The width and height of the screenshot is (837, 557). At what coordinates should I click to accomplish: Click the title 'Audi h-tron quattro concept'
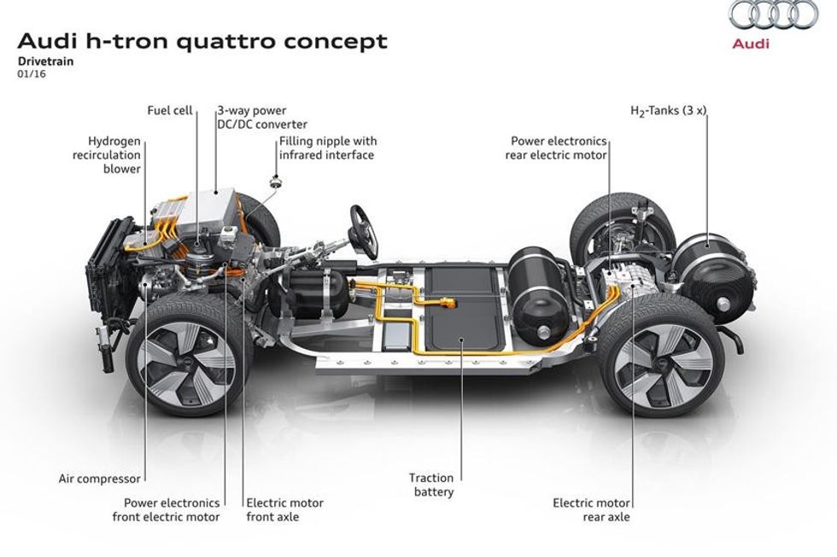[x=202, y=40]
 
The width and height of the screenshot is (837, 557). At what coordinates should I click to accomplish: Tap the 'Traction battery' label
[x=431, y=484]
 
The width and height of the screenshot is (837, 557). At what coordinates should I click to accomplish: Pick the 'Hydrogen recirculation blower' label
[x=114, y=154]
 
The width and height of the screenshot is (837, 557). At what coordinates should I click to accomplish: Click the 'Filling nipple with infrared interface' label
[x=327, y=148]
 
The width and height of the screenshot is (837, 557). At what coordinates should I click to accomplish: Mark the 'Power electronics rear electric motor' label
[x=559, y=148]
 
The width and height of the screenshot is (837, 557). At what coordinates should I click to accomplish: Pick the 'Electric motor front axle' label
[x=284, y=509]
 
